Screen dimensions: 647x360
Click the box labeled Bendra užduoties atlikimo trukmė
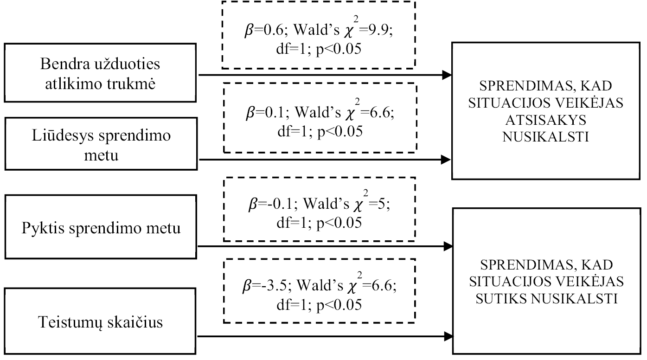click(100, 73)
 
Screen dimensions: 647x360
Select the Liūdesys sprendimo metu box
click(101, 144)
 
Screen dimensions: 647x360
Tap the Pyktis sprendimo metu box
click(101, 227)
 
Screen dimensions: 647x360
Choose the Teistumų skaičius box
click(100, 321)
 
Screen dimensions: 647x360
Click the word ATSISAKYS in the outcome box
click(545, 120)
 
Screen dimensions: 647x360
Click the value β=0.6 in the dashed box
click(264, 30)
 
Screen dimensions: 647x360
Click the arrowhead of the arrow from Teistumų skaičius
click(448, 336)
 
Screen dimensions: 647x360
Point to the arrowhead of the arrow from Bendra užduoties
click(447, 75)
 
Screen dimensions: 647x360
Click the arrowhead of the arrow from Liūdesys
click(446, 160)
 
